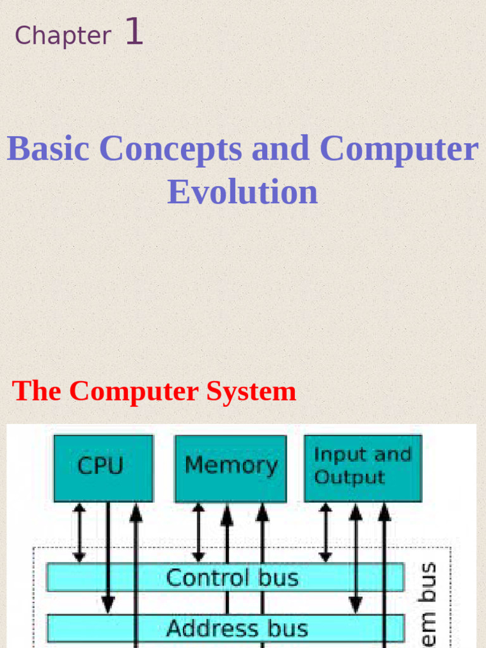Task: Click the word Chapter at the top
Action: point(63,35)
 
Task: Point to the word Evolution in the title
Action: point(242,192)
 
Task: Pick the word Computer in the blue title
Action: point(399,149)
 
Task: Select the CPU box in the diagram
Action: point(103,468)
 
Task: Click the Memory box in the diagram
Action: point(230,468)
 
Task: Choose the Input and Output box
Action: point(363,468)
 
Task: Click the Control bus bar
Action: point(225,577)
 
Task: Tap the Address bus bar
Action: point(225,628)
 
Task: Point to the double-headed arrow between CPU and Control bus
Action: point(79,532)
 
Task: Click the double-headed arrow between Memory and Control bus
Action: point(199,532)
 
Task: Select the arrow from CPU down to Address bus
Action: point(108,557)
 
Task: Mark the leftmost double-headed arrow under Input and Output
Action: point(325,532)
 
